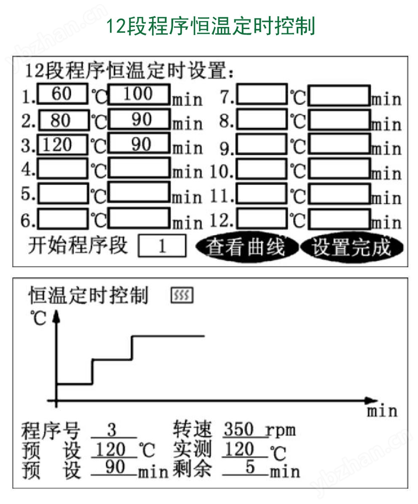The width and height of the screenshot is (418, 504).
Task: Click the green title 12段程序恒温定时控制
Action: pyautogui.click(x=210, y=27)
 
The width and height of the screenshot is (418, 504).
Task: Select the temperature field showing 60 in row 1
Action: pyautogui.click(x=62, y=94)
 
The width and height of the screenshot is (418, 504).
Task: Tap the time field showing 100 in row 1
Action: pyautogui.click(x=139, y=94)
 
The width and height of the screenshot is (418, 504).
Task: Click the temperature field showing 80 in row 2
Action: pyautogui.click(x=64, y=120)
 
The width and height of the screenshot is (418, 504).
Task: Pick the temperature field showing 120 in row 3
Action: pyautogui.click(x=62, y=145)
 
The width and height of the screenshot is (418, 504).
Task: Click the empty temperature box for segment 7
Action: pyautogui.click(x=262, y=94)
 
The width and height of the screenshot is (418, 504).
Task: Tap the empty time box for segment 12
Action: pyautogui.click(x=339, y=219)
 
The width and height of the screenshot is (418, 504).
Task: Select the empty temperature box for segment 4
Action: pyautogui.click(x=62, y=169)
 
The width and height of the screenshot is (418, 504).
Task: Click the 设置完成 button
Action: pyautogui.click(x=351, y=247)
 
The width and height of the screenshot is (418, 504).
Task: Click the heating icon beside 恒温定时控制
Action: pyautogui.click(x=182, y=295)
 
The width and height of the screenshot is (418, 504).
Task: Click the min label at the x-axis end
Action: pyautogui.click(x=382, y=411)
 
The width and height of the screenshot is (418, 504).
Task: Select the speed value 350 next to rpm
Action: pyautogui.click(x=239, y=429)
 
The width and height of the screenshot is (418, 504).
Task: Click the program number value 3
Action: pyautogui.click(x=112, y=430)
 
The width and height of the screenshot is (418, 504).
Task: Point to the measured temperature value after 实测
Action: pyautogui.click(x=239, y=449)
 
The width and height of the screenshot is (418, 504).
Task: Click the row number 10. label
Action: pyautogui.click(x=222, y=172)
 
